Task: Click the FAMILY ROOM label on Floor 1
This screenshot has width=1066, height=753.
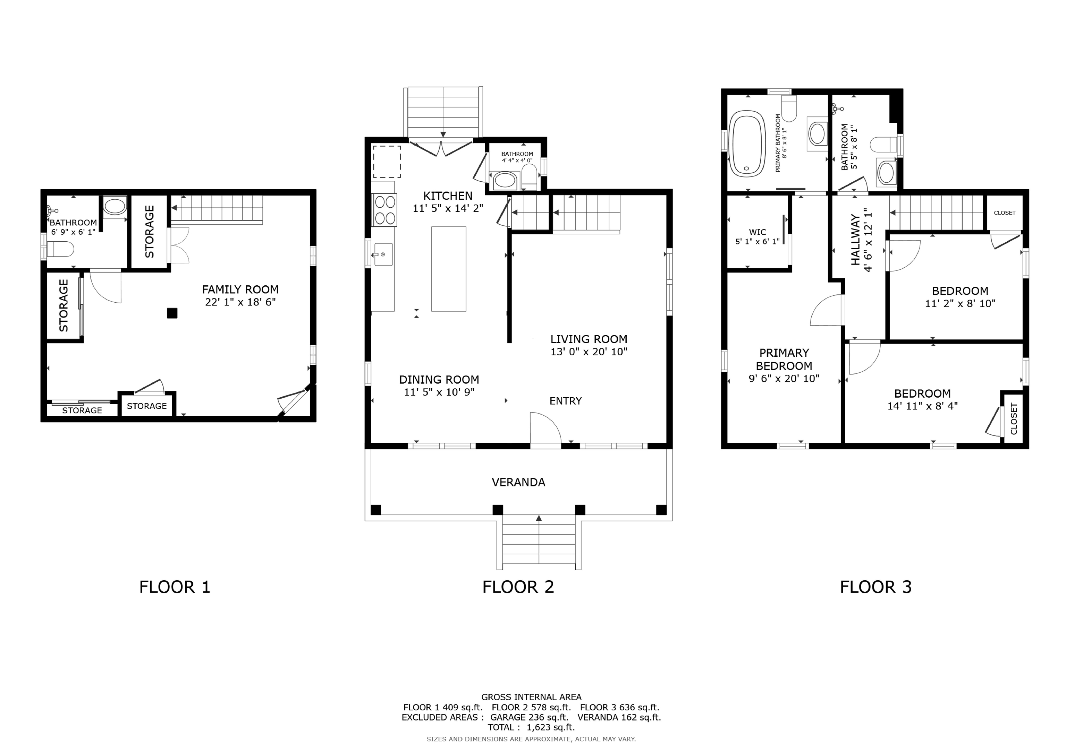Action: pyautogui.click(x=240, y=289)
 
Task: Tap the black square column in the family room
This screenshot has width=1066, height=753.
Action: pyautogui.click(x=172, y=313)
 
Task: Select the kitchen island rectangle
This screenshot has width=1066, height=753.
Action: pyautogui.click(x=448, y=269)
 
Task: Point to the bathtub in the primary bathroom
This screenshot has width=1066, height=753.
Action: pyautogui.click(x=747, y=144)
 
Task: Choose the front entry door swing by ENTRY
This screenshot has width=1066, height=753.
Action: pyautogui.click(x=545, y=428)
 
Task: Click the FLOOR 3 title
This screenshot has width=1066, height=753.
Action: pyautogui.click(x=875, y=587)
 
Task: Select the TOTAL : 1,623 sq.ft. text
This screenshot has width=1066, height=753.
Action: pyautogui.click(x=531, y=727)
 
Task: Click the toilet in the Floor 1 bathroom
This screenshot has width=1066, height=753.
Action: pyautogui.click(x=60, y=249)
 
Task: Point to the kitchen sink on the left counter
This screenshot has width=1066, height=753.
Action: pyautogui.click(x=383, y=255)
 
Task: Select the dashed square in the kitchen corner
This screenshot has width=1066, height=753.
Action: pyautogui.click(x=387, y=162)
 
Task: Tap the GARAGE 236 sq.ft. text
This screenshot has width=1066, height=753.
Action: pyautogui.click(x=529, y=717)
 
